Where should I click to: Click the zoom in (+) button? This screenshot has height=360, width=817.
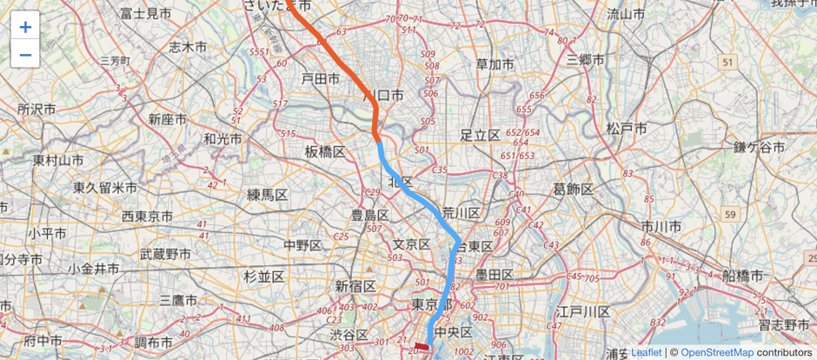pos(25,27)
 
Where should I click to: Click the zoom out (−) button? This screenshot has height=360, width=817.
pos(25,55)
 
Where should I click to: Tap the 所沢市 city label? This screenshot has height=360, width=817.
pos(37,110)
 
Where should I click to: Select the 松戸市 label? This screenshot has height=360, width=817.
pos(627,129)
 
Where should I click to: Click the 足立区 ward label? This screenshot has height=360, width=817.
pos(480,135)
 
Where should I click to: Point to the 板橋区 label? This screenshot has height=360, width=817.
pos(325,152)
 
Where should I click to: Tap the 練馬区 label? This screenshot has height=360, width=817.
pos(267,194)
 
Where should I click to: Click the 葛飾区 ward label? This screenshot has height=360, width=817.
pos(574,190)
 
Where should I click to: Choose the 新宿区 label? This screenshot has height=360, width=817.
pos(355,286)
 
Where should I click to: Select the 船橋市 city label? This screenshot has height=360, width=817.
pos(742,276)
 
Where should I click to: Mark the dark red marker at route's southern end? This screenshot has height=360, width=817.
pos(422,346)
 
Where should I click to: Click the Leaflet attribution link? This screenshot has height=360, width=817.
pos(645,352)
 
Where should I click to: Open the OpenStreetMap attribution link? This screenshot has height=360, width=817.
pos(716,352)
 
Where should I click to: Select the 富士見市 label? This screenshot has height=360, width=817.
pos(146,13)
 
